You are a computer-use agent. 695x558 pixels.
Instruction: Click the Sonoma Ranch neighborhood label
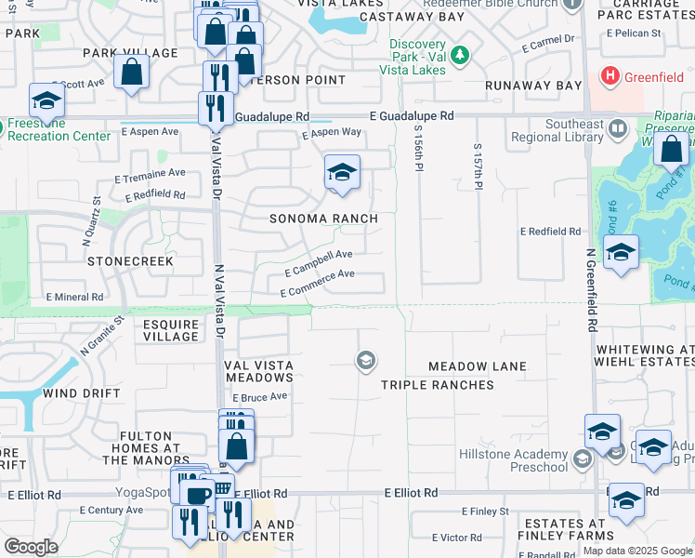pos(323,219)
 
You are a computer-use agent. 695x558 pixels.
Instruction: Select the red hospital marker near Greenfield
pos(610,74)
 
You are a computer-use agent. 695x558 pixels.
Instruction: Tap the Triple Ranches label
pos(438,384)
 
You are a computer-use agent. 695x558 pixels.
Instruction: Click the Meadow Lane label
pos(478,366)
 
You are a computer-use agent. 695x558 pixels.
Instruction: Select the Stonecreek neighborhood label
pos(130,261)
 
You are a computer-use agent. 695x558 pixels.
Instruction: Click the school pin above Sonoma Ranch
pos(342,172)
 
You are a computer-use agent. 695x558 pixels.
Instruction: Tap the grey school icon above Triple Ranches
pos(365,360)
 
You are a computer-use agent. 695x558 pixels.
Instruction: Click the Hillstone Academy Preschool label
pos(513,461)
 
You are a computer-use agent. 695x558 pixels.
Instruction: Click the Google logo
pos(31,547)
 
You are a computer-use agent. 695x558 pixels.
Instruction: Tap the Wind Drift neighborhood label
pos(82,393)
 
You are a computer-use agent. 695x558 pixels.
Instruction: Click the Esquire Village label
pos(171,330)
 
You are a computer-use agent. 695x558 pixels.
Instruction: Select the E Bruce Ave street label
pos(261,397)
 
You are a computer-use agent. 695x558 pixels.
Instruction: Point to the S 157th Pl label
pos(479,166)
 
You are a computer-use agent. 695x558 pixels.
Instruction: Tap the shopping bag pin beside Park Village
pos(132,71)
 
